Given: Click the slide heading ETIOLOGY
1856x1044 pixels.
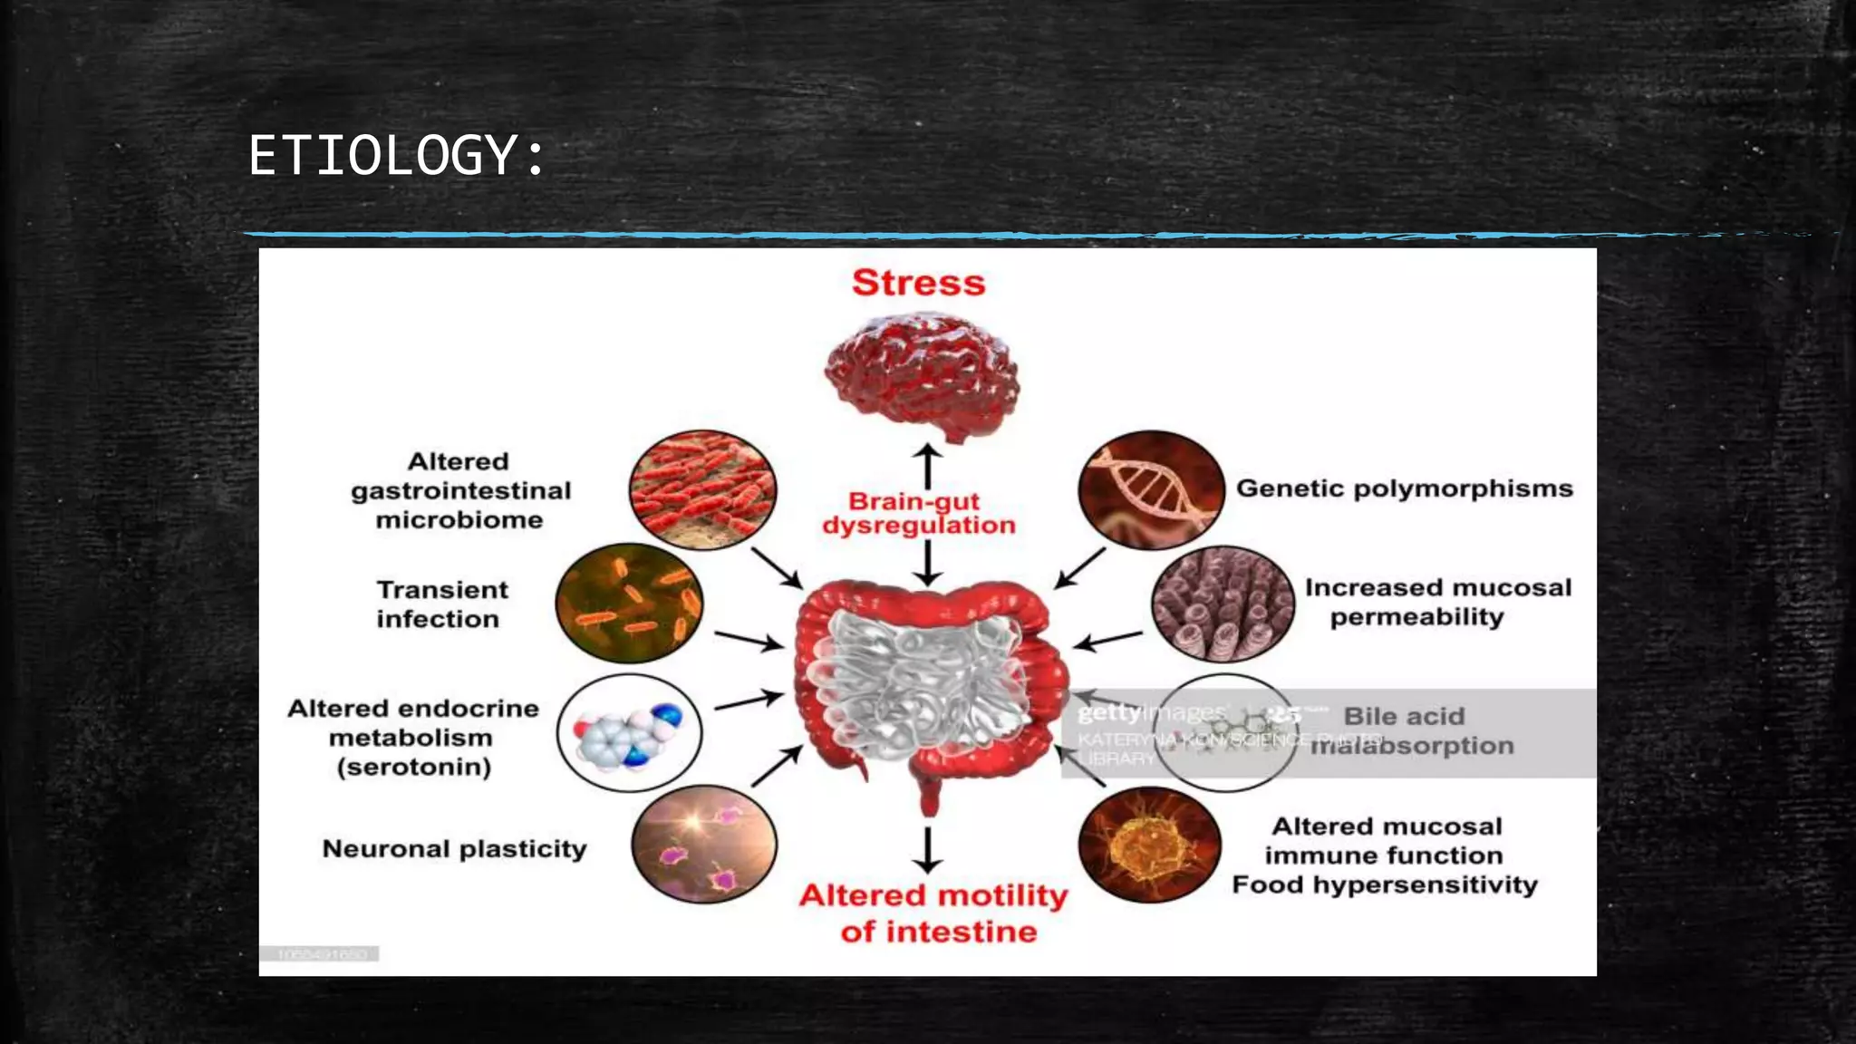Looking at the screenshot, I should (x=397, y=156).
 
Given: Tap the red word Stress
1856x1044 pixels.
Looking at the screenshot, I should (x=918, y=283).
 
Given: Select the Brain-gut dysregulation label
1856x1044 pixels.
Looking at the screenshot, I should (x=919, y=513).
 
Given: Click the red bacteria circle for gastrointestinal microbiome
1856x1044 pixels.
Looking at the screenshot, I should (x=702, y=489).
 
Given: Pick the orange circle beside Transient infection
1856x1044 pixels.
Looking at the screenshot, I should (x=629, y=603).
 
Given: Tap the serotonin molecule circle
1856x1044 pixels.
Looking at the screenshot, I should (x=629, y=732).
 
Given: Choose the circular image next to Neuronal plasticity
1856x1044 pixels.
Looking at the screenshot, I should (x=703, y=844).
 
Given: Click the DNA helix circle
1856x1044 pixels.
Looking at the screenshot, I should (x=1150, y=489).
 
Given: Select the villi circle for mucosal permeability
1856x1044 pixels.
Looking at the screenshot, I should (x=1223, y=604).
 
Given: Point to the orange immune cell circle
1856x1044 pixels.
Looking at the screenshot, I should (x=1149, y=845).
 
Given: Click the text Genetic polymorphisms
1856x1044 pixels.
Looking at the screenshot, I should (x=1404, y=488).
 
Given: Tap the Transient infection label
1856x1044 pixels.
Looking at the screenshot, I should (x=441, y=604).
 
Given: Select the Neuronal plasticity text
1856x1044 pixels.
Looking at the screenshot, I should (x=454, y=849).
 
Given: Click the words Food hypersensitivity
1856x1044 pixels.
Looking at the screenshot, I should (x=1384, y=884).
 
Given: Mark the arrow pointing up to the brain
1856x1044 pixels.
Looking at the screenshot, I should (x=926, y=464).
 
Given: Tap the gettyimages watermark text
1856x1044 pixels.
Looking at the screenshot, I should (x=1152, y=714).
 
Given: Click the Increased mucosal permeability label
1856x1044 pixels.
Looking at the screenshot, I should (x=1437, y=602).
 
